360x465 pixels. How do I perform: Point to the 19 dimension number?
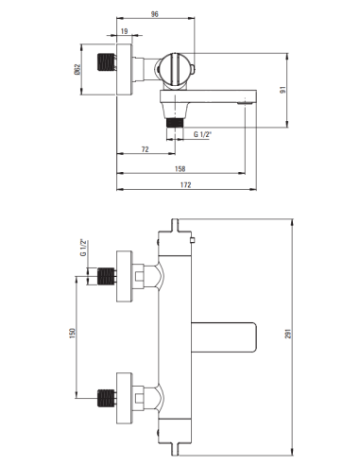point(125,32)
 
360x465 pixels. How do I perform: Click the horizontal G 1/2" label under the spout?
point(203,134)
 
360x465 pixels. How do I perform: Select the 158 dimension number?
point(180,169)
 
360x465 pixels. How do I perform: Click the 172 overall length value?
point(185,184)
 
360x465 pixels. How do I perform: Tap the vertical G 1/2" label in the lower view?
point(83,249)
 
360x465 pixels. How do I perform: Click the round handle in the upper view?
point(175,69)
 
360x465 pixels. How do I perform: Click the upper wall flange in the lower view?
point(123,277)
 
